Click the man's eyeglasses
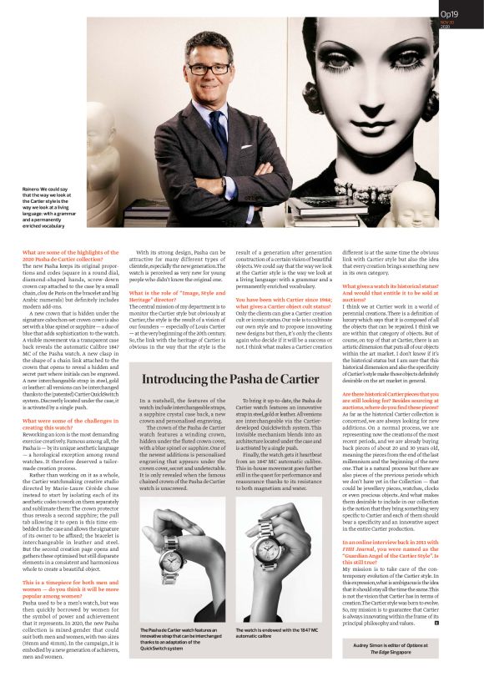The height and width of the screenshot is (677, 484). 208,68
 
